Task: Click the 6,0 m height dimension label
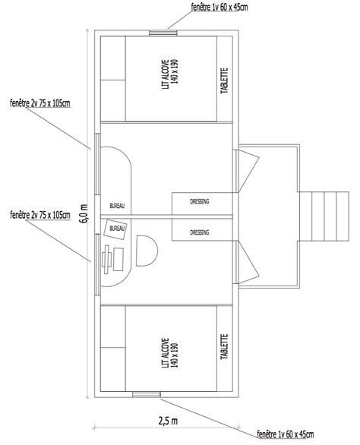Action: point(84,213)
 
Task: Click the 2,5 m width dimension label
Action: point(168,421)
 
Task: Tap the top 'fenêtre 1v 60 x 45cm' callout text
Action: point(219,7)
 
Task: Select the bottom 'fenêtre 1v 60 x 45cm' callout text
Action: point(286,434)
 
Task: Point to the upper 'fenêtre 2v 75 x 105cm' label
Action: point(40,103)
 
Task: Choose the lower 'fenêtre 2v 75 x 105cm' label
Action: point(40,215)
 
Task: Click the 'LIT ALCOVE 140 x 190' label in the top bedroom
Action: point(170,74)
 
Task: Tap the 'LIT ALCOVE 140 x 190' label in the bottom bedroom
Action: point(170,353)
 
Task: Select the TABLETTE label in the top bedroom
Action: point(224,80)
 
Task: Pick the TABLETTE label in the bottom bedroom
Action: point(224,346)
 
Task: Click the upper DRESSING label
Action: point(199,201)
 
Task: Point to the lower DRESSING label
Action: point(199,232)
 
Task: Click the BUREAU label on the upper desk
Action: point(117,206)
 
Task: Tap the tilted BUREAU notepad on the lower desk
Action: point(115,229)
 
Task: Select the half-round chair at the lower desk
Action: point(147,251)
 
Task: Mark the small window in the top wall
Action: point(163,33)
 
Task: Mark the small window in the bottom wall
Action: point(147,394)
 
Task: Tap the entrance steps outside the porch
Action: point(324,216)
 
